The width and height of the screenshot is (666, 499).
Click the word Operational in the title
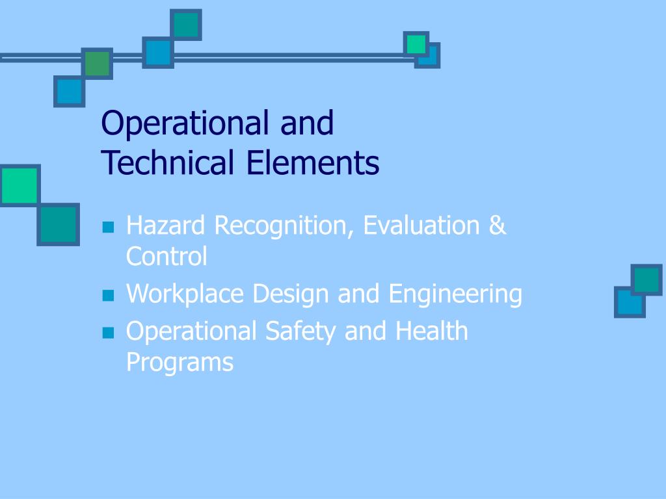[x=187, y=124]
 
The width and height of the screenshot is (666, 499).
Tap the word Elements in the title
[x=313, y=163]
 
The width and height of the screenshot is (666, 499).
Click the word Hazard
[x=166, y=226]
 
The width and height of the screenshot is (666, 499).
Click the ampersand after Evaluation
[x=496, y=226]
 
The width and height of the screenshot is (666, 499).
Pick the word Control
[x=166, y=257]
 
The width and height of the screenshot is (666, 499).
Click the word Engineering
[x=455, y=294]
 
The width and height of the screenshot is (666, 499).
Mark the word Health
[x=431, y=331]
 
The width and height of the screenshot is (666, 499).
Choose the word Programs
[x=180, y=362]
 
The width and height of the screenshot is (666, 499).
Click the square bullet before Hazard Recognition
[x=108, y=227]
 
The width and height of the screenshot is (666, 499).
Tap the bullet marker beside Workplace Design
[x=108, y=296]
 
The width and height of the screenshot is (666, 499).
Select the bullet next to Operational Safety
[x=108, y=333]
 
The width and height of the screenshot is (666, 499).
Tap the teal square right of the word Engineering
[x=646, y=280]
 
